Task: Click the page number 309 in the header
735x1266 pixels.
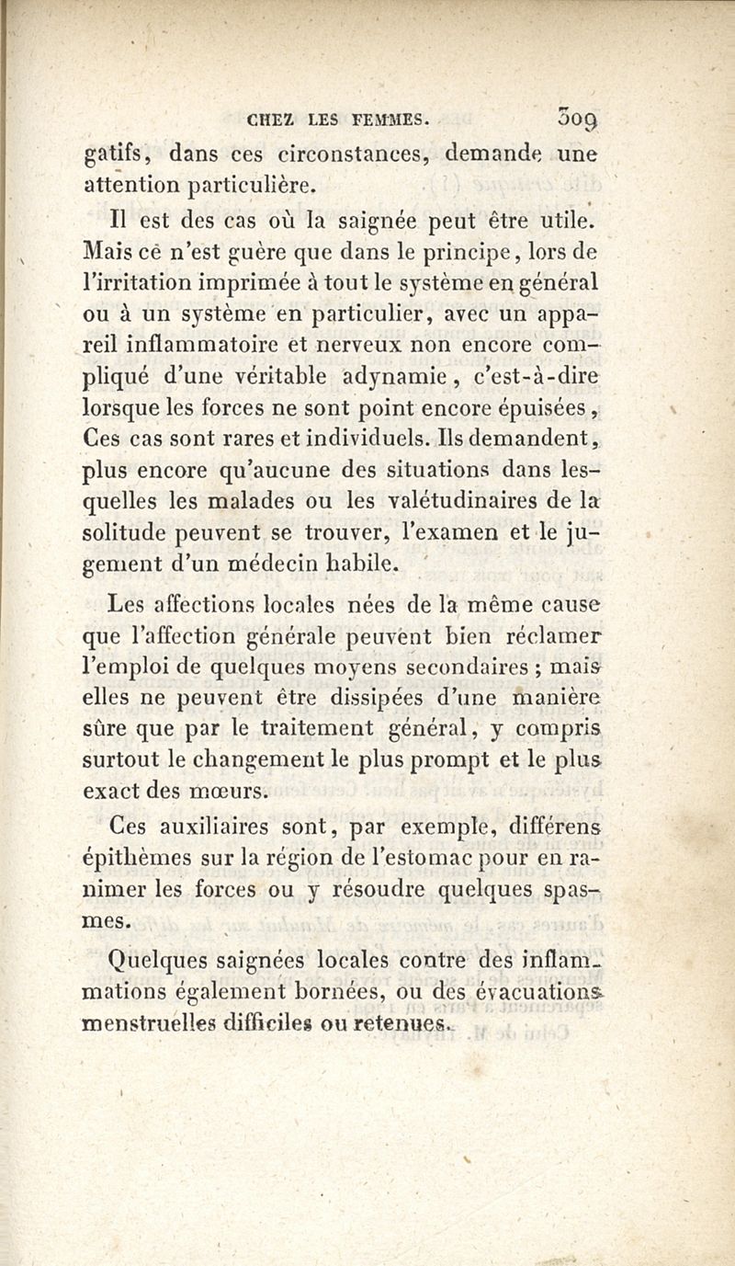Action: click(576, 118)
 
